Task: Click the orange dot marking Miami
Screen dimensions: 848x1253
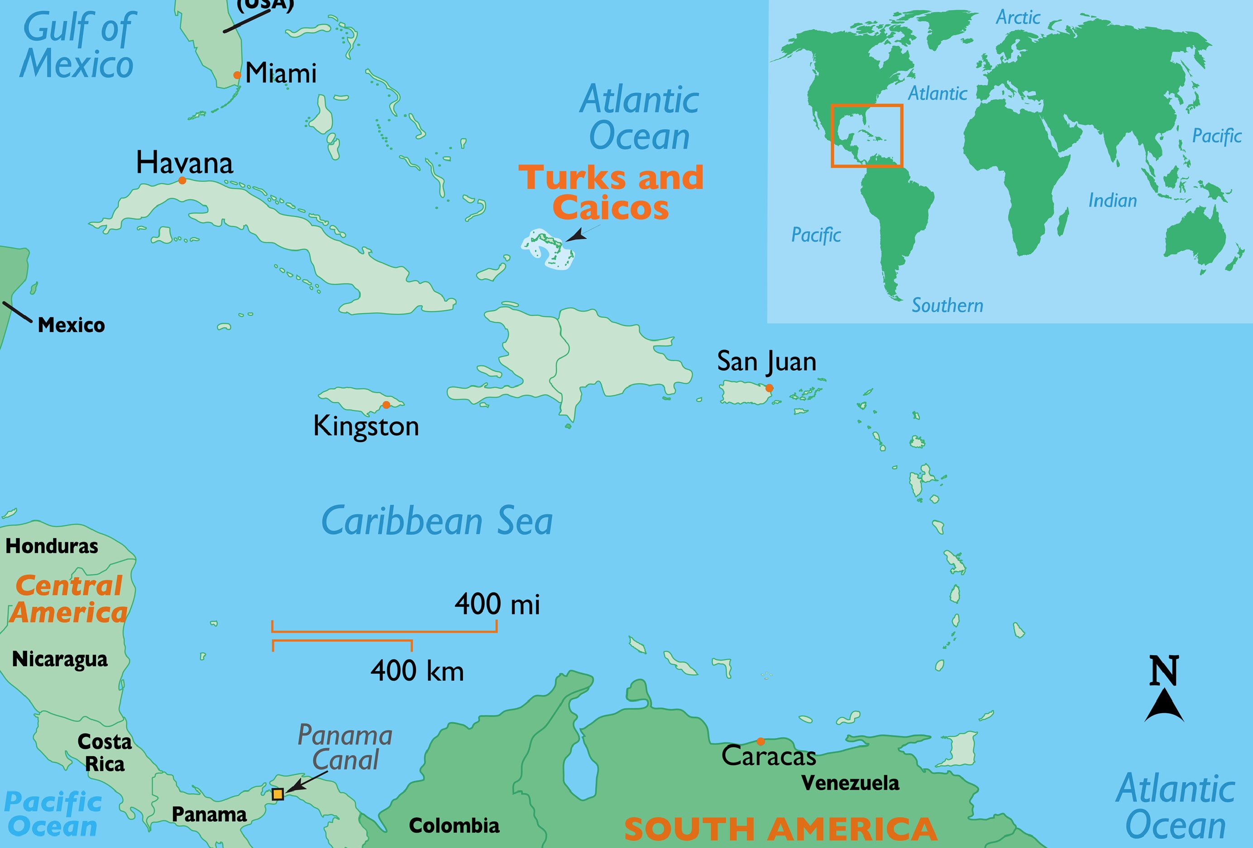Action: point(237,75)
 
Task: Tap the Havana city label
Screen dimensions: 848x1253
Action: point(184,162)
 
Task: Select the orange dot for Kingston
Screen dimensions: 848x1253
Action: point(386,405)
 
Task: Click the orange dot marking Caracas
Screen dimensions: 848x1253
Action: point(760,741)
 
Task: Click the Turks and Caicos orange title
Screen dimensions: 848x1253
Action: point(611,192)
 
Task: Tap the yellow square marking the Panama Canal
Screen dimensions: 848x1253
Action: point(277,794)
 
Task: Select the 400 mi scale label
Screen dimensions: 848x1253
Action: point(497,604)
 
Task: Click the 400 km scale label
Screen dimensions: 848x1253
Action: point(417,671)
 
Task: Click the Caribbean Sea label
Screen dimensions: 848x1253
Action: point(437,521)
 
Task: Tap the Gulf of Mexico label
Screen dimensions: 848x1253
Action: point(77,46)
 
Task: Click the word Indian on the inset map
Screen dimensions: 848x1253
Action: point(1112,200)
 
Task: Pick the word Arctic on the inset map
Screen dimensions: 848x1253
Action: point(1018,17)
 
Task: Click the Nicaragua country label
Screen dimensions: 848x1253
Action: point(59,659)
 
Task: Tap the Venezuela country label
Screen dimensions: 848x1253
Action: point(850,783)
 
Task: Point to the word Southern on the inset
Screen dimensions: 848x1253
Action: point(947,305)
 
